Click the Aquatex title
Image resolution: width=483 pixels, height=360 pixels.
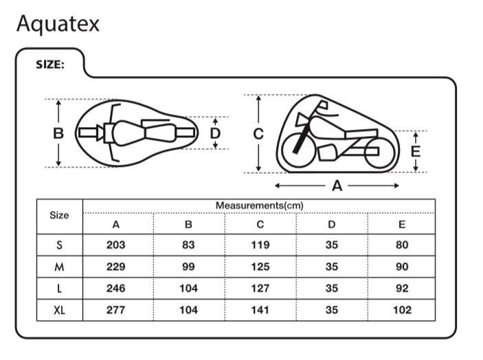pos(58,23)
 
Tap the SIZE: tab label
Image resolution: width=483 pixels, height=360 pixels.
pos(50,65)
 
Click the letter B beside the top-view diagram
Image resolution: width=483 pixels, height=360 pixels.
pos(59,133)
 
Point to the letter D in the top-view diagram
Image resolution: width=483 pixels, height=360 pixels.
pos(215,133)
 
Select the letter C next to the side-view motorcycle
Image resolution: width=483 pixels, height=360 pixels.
pos(258,133)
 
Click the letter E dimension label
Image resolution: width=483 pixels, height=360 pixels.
pos(415,151)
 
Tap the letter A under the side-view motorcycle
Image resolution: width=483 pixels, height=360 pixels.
pos(337,185)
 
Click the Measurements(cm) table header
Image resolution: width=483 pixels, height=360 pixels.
pos(259,205)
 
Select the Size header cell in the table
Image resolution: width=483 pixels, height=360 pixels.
pos(60,216)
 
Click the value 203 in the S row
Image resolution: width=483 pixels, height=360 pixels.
pos(116,245)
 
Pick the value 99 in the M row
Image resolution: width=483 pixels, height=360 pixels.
pos(188,267)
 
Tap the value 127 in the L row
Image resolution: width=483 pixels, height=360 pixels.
pos(260,289)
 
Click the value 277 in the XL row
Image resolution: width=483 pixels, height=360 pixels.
pos(116,310)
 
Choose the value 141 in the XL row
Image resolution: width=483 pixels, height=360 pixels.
pos(260,310)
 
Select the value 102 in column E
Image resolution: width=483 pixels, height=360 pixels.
pos(402,310)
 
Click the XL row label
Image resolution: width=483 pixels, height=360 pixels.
pos(60,310)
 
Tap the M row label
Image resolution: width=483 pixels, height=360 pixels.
pos(60,267)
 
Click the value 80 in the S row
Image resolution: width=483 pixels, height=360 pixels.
pos(402,245)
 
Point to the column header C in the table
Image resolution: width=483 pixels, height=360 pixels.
pos(260,224)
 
